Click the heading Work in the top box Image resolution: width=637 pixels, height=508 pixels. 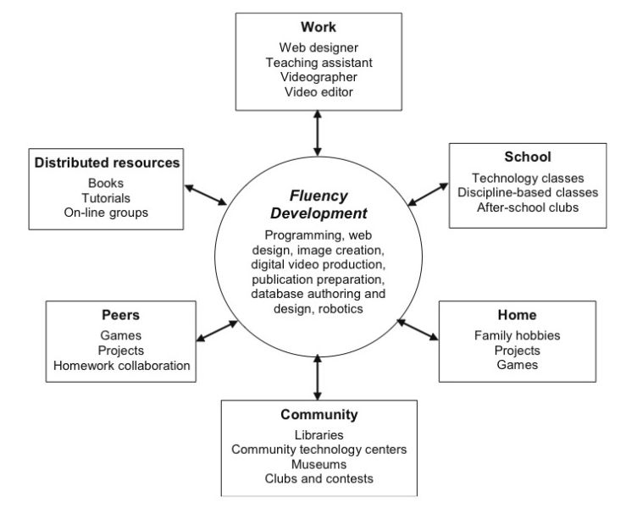click(x=318, y=27)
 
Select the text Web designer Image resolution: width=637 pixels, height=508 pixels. click(x=318, y=47)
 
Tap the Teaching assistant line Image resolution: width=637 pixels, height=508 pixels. click(x=318, y=63)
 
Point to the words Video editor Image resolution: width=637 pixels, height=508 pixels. click(x=318, y=91)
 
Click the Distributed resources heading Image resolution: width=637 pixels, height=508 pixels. click(x=107, y=163)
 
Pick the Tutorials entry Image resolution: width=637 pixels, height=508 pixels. click(x=106, y=198)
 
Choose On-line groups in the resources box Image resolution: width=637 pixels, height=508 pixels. click(x=106, y=213)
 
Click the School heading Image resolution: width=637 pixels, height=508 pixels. click(x=528, y=157)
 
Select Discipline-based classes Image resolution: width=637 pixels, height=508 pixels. click(x=528, y=192)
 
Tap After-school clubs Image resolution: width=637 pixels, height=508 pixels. click(x=528, y=207)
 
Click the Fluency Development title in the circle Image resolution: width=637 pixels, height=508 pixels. click(x=318, y=204)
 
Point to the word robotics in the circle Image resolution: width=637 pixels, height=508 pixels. click(x=341, y=309)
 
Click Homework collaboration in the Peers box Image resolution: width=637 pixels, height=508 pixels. click(x=121, y=366)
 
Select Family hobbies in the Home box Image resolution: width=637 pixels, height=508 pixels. click(x=518, y=335)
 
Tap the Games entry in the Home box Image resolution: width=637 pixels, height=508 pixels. click(x=518, y=365)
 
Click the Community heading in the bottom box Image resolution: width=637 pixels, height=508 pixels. click(x=318, y=415)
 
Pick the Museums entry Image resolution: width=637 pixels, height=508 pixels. click(x=318, y=464)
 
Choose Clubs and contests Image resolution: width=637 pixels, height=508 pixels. click(x=318, y=478)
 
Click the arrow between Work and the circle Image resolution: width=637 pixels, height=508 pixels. click(x=318, y=133)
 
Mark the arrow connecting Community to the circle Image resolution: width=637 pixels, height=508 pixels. click(x=318, y=378)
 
